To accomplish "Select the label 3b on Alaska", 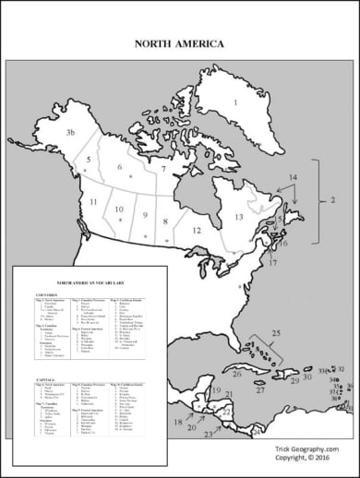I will tap(69, 133).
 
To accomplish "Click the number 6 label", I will tap(119, 167).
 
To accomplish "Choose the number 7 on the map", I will tap(162, 169).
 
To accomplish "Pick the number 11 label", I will tap(93, 201).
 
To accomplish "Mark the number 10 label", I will tap(118, 209).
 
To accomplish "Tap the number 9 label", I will tap(144, 215).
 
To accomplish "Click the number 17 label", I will tap(272, 263).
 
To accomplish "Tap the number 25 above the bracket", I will tap(276, 331).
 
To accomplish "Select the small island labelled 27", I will tap(261, 390).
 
